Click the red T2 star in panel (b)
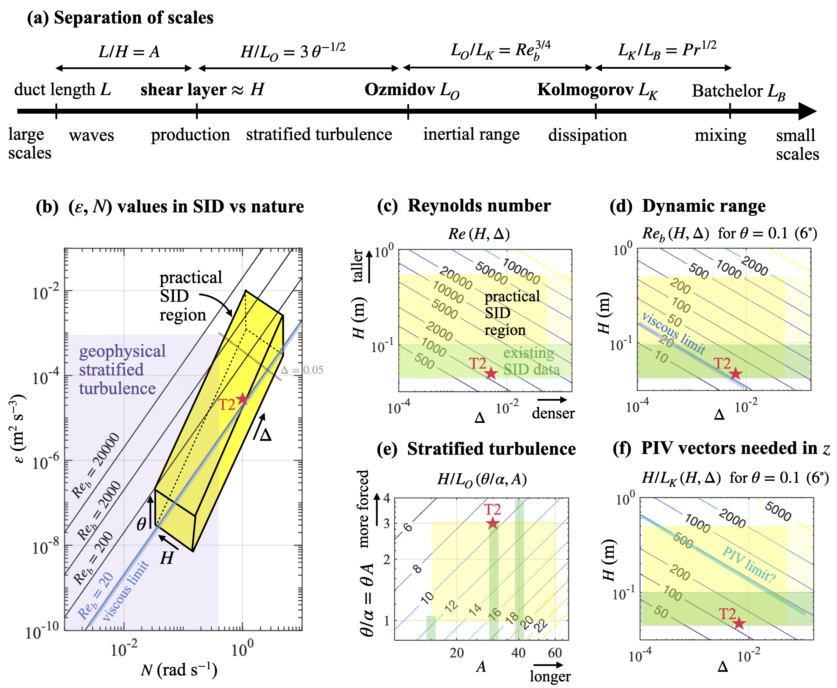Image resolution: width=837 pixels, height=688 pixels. pos(242,399)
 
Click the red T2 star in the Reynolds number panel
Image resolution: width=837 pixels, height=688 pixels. pos(491,373)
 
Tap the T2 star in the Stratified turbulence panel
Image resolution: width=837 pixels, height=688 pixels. pos(493,523)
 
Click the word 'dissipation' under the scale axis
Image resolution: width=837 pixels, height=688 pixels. pos(587,135)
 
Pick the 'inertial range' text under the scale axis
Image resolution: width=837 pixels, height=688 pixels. pos(471,134)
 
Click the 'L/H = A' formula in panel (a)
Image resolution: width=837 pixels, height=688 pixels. pos(129,52)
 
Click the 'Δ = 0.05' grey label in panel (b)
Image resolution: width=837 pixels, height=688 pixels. pos(302,370)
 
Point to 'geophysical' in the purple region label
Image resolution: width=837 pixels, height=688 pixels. pos(122,351)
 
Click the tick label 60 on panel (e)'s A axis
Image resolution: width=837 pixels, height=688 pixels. pos(555,653)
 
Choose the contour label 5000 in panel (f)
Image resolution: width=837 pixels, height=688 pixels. pos(778,511)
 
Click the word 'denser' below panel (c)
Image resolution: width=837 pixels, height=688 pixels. pos(553,413)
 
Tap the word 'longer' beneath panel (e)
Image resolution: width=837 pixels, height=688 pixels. pos(550,676)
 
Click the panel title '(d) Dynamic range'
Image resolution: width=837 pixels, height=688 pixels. pos(688,206)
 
